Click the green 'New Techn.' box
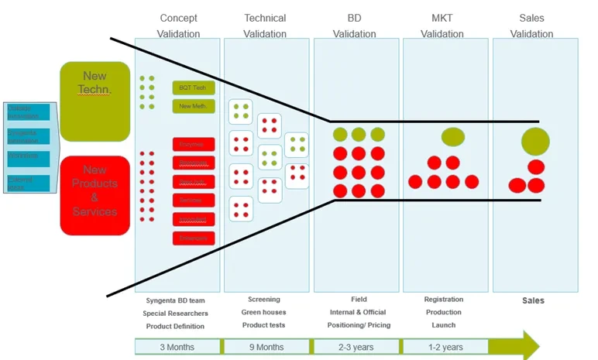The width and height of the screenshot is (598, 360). pos(95,101)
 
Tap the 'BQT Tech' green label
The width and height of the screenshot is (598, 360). pos(192,88)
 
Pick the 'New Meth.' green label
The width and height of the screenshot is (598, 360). pos(192,106)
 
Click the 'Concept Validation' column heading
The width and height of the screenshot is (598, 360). pos(179,26)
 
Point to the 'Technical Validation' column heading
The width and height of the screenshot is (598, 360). pos(265,26)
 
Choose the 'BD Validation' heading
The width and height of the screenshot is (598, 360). pos(354,26)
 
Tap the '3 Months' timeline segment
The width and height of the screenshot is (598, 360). pos(178,347)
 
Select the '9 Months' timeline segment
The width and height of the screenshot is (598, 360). pos(266,347)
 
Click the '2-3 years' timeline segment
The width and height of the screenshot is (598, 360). pos(356,347)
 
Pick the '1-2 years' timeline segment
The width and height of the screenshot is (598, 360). pos(445,347)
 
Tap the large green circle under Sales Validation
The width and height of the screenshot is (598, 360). pos(535,142)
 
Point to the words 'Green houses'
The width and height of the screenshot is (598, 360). pos(264,312)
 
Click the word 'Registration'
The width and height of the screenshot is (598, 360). pos(444,300)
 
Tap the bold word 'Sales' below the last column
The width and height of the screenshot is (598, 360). pos(533,300)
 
